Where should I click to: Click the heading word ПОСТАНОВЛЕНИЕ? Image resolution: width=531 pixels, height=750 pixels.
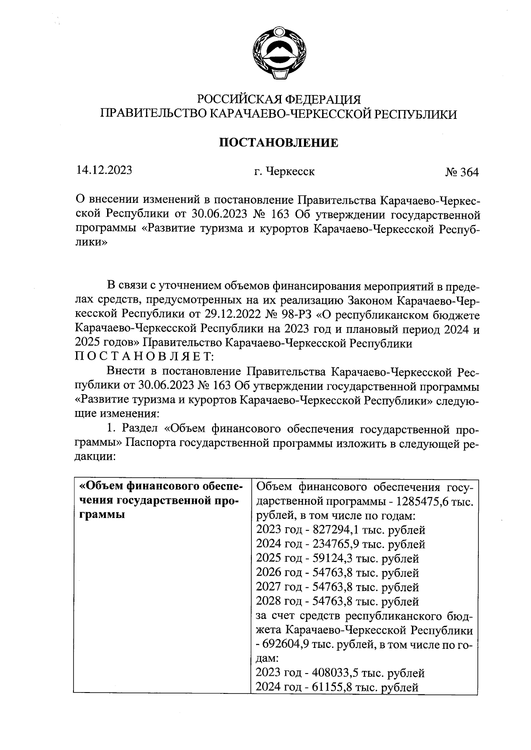pyautogui.click(x=279, y=143)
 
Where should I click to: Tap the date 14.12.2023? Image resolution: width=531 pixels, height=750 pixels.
pyautogui.click(x=104, y=170)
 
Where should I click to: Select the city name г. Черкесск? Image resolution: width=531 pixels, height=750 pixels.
pyautogui.click(x=281, y=171)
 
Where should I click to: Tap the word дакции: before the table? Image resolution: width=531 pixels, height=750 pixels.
pyautogui.click(x=95, y=457)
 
